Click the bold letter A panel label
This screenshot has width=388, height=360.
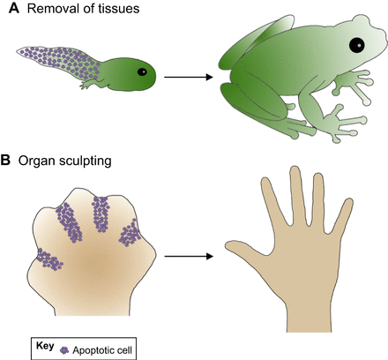tap(14, 8)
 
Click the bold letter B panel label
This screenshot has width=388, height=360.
tap(5, 161)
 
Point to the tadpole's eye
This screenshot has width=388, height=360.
tap(142, 71)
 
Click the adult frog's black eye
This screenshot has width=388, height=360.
tap(357, 46)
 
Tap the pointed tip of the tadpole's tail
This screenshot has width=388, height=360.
tap(18, 51)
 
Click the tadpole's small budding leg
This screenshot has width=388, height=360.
tap(88, 85)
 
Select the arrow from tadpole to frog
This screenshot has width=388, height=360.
tap(189, 78)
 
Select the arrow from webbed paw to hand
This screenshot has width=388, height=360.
tap(189, 257)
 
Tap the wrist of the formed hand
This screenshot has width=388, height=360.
tap(309, 318)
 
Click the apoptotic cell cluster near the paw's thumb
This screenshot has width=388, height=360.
tap(49, 259)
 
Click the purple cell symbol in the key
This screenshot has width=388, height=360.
tap(64, 350)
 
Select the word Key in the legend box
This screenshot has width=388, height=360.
tap(45, 346)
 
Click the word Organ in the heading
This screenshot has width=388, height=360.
tap(33, 161)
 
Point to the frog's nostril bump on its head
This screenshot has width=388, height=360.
tap(361, 20)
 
